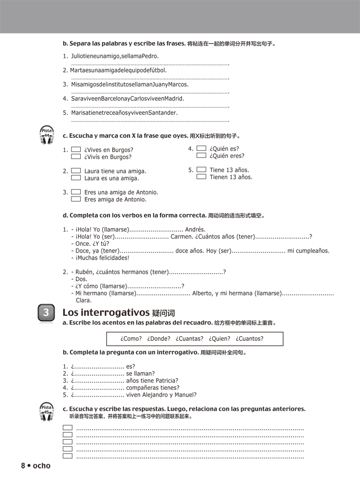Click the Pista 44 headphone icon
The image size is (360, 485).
pos(47,135)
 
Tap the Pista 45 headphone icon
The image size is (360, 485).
pos(47,412)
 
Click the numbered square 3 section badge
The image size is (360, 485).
pos(46,312)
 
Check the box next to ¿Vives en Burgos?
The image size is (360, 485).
pos(76,150)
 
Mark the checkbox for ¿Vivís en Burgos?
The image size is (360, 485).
pos(76,157)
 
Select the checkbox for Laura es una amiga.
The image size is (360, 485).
pos(76,178)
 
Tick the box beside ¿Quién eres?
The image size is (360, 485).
pos(201,155)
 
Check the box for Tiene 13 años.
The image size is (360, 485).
pos(201,170)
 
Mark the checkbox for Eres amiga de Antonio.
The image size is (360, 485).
pos(76,199)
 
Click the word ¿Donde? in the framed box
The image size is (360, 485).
pos(158,338)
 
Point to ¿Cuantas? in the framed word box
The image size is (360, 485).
pos(189,338)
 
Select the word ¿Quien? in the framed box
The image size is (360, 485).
pos(219,338)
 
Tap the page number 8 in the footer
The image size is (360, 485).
pos(23,465)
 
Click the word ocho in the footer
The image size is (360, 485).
pos(41,465)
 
